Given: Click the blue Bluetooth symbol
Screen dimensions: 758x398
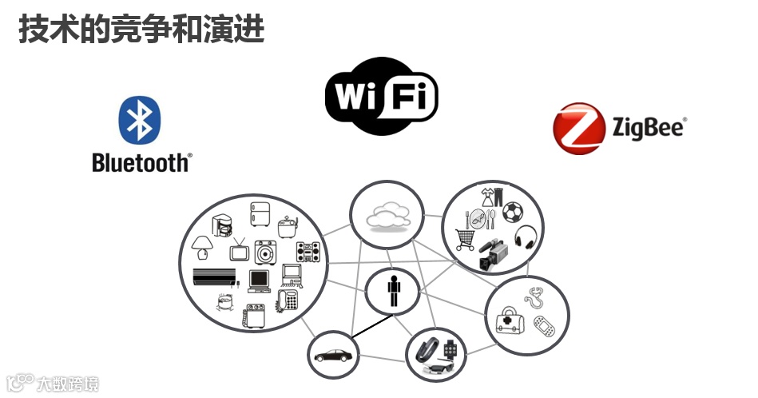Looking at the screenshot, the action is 141,121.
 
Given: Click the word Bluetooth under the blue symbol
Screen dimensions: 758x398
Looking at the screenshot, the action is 141,162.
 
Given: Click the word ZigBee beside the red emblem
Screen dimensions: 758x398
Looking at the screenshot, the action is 649,127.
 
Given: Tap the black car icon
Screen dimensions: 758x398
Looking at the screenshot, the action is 332,356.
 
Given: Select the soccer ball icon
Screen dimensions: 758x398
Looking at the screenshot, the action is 513,213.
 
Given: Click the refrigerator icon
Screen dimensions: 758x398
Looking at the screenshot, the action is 260,214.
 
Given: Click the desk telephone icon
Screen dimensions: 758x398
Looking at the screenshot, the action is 288,300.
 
